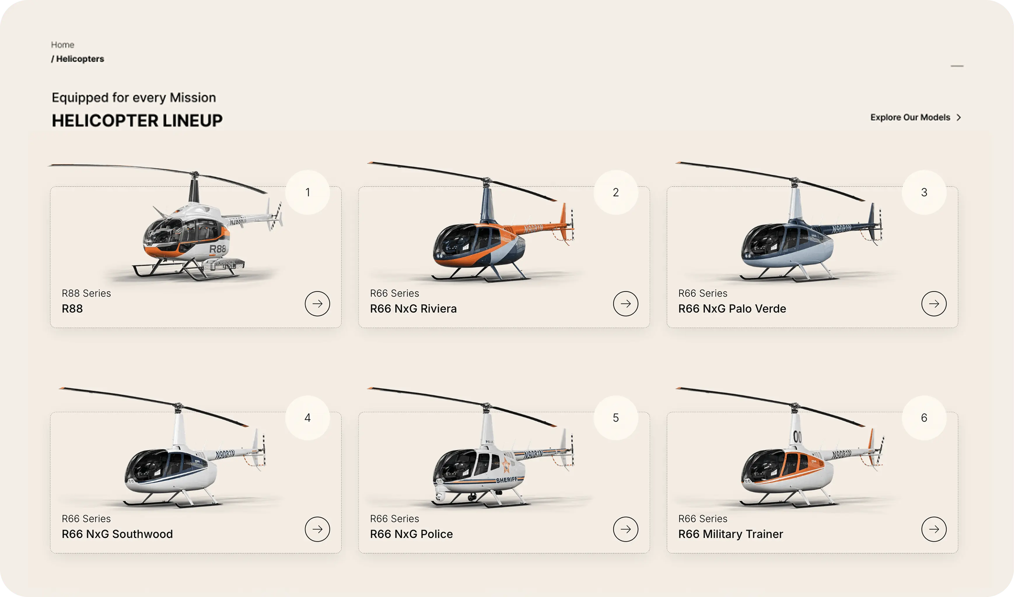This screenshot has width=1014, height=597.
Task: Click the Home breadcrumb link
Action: (62, 45)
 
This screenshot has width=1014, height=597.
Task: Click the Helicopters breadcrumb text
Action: (80, 59)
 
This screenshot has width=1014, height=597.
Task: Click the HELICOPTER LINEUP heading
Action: (137, 121)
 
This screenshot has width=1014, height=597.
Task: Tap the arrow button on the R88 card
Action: (317, 304)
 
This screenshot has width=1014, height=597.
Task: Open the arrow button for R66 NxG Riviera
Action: (625, 304)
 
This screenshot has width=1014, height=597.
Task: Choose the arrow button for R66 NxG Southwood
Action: (317, 529)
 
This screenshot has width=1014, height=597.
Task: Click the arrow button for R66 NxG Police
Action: (625, 529)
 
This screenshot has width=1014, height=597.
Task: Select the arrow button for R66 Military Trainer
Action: (934, 529)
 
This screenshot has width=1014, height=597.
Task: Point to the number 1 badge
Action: (307, 192)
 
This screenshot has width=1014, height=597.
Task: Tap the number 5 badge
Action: (616, 417)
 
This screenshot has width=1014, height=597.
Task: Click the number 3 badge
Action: (924, 192)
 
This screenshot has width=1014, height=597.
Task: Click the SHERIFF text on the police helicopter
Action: (507, 480)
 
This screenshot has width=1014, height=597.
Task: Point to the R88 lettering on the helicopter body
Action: (217, 249)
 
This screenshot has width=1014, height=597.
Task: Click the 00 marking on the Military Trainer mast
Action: (797, 436)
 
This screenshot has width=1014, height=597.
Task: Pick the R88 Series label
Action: (86, 293)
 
